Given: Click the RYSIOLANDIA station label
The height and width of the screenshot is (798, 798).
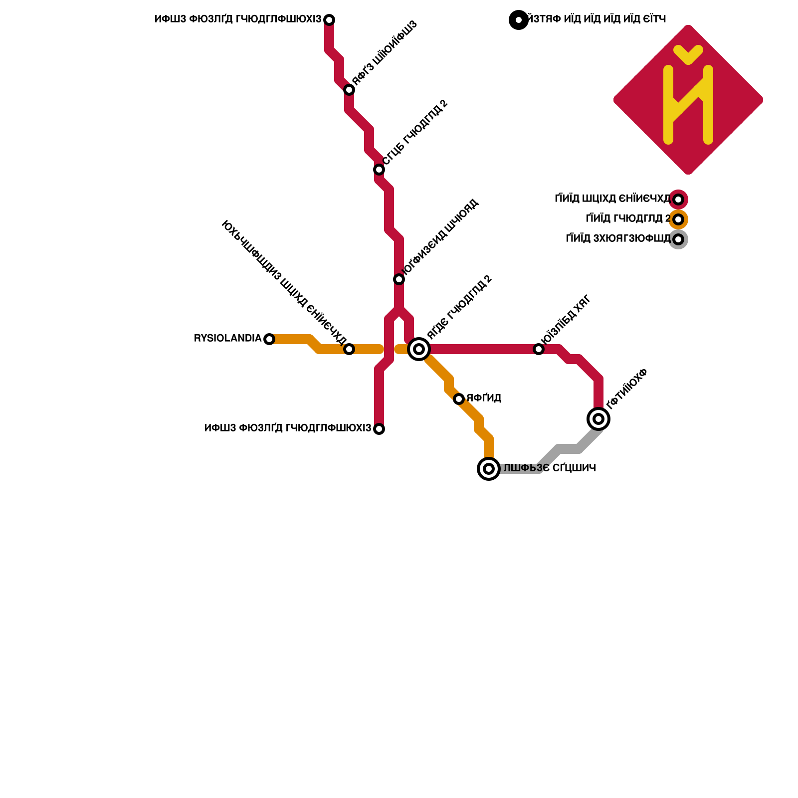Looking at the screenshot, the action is coord(227,339).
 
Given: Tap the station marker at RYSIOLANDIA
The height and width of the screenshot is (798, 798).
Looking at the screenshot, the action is coord(269,339).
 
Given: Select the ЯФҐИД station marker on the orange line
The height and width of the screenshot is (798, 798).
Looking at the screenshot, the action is coord(459,399).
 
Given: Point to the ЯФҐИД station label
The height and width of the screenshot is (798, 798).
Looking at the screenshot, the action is coord(484,398).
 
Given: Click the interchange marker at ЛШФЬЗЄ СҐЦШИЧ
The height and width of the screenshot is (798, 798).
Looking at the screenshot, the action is coord(489,469).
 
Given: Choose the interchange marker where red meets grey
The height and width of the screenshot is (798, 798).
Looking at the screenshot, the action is coord(598,418).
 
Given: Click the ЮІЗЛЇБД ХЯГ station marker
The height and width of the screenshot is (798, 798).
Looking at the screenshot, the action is coord(539,349).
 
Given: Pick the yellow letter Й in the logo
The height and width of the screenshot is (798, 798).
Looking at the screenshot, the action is coord(688,100).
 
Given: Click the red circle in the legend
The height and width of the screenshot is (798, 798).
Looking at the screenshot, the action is coord(678,199).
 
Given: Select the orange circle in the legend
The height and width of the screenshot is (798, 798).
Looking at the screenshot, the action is coord(678,219).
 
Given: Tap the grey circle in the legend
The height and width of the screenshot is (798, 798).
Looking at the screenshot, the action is coord(678,239).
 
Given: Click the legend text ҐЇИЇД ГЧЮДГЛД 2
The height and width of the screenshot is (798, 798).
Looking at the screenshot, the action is coord(627,218).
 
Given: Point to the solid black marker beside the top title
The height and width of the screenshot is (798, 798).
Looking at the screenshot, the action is coord(519,20).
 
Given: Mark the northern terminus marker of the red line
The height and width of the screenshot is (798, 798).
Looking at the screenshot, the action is coord(329,20).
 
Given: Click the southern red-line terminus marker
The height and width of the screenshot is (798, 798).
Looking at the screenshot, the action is coord(379,429).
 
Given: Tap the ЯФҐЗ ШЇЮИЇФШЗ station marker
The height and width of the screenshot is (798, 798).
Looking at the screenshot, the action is coord(349,90).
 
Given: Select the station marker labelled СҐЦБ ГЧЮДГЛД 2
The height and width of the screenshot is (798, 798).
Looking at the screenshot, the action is coord(379,170).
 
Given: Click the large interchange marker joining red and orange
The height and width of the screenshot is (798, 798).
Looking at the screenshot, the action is coord(419,349).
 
